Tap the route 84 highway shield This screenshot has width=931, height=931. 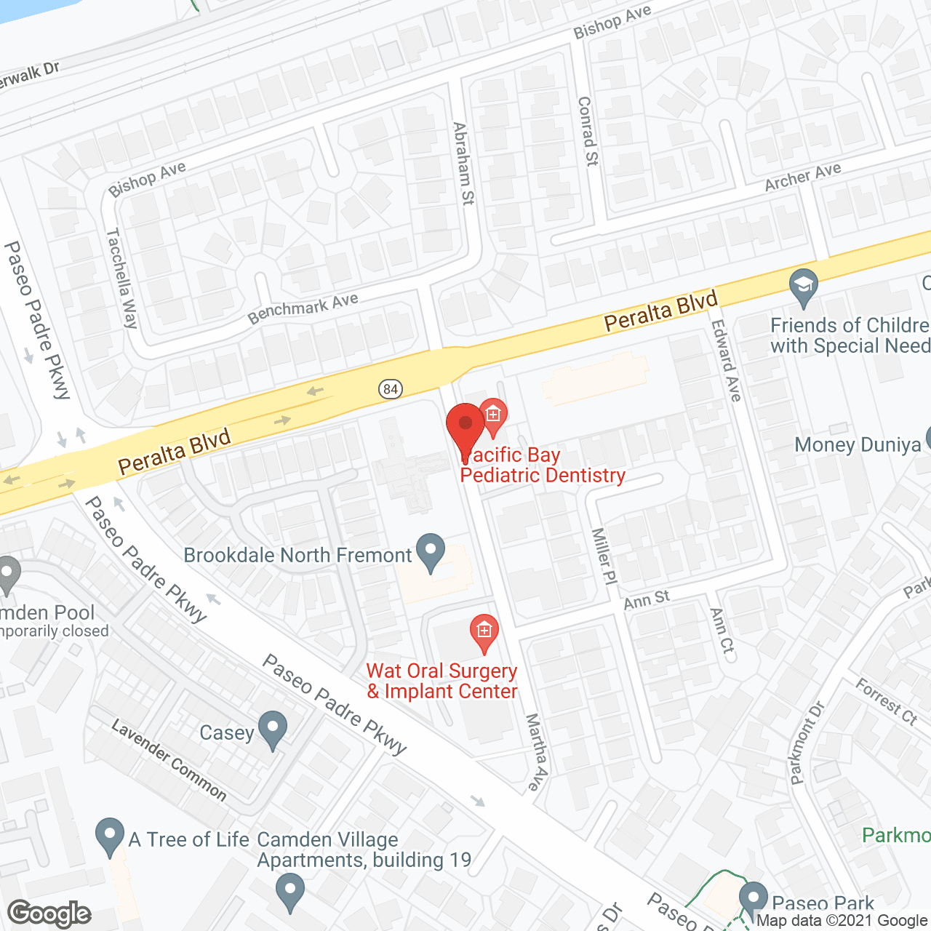pos(391,389)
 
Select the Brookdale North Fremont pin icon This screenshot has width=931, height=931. pos(431,552)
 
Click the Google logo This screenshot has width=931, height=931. pos(49,914)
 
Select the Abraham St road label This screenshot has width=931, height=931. pos(463,164)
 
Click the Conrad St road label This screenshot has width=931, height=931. pos(588,132)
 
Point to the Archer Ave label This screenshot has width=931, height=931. pos(803,177)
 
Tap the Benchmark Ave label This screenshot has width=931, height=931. pos(303,308)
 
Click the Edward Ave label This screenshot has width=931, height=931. pos(726,361)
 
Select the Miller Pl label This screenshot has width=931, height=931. pos(604,556)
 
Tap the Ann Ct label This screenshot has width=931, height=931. pos(722,630)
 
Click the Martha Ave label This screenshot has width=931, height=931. pos(537,751)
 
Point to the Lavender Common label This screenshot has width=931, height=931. pos(169,759)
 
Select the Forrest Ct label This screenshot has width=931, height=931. pos(887,701)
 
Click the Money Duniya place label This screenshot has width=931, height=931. pos(858,445)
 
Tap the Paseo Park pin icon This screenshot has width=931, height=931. pos(753,899)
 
